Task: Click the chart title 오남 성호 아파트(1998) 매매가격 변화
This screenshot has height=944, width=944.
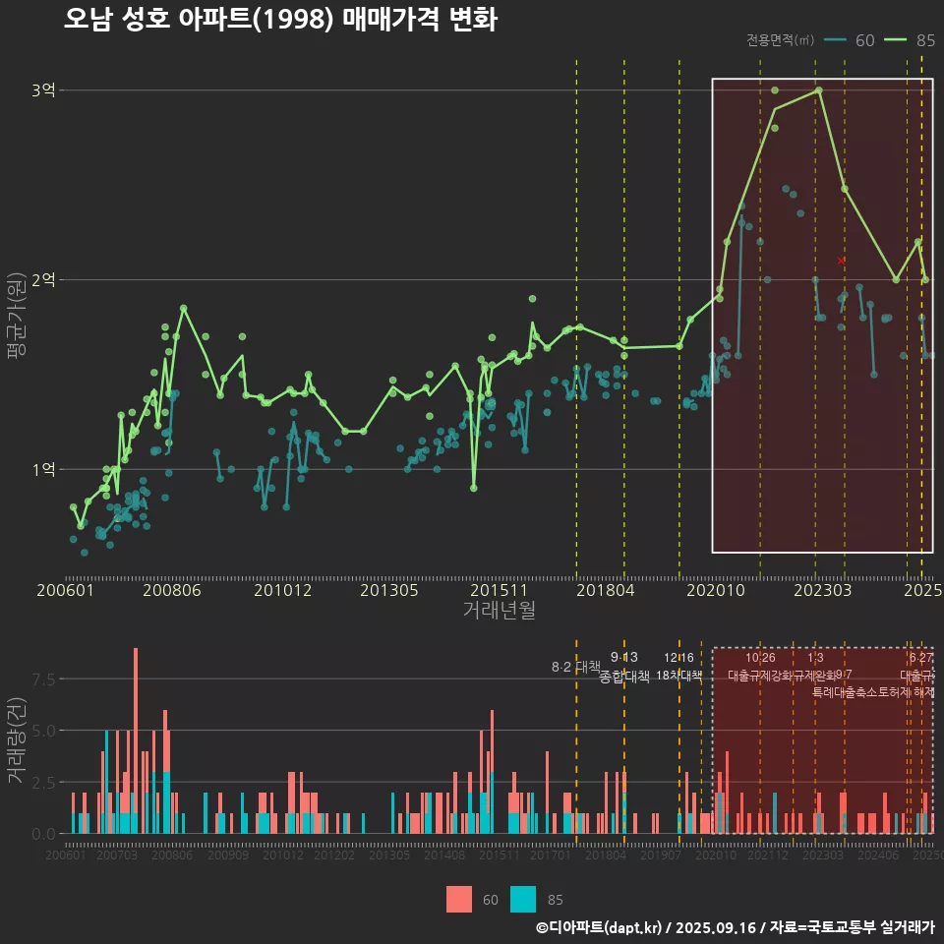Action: pyautogui.click(x=280, y=20)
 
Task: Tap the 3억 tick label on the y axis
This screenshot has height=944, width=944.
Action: pyautogui.click(x=43, y=90)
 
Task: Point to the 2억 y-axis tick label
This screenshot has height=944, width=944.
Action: pyautogui.click(x=43, y=280)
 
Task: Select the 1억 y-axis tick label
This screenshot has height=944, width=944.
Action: pyautogui.click(x=43, y=470)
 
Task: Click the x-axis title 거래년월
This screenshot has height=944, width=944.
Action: pyautogui.click(x=499, y=610)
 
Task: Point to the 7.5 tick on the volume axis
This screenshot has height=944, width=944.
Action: pyautogui.click(x=44, y=679)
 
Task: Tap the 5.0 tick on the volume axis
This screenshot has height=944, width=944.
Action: pyautogui.click(x=44, y=731)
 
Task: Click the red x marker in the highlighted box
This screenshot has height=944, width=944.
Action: pyautogui.click(x=841, y=261)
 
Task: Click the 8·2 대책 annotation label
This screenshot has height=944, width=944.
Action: pyautogui.click(x=576, y=667)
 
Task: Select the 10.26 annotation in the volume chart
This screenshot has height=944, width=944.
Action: pyautogui.click(x=760, y=658)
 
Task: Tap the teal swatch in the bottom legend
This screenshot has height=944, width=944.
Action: pyautogui.click(x=524, y=899)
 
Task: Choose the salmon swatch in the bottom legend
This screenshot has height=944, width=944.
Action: pyautogui.click(x=458, y=899)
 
